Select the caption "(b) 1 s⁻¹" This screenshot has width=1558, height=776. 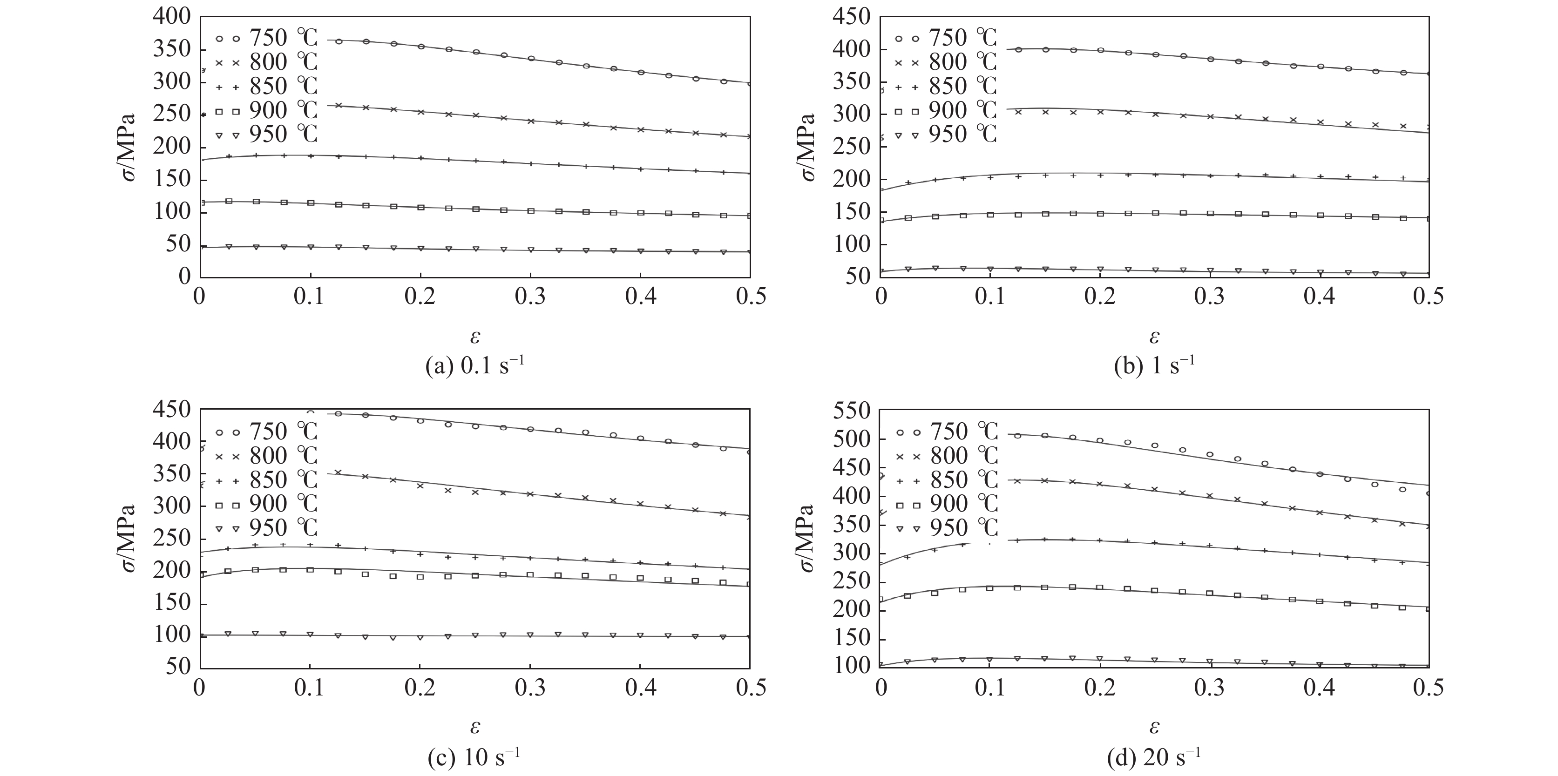(x=1154, y=366)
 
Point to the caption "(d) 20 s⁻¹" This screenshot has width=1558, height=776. (x=1154, y=758)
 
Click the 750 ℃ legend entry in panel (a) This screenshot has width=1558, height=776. (x=266, y=38)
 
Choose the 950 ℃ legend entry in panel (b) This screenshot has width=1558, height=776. (x=947, y=134)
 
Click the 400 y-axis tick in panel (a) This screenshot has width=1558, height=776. (x=172, y=17)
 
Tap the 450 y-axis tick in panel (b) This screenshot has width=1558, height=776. (x=853, y=17)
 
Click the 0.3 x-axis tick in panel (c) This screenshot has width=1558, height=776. (x=530, y=689)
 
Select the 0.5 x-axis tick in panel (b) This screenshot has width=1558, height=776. (x=1429, y=297)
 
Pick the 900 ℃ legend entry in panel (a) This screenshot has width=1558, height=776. (x=266, y=110)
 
